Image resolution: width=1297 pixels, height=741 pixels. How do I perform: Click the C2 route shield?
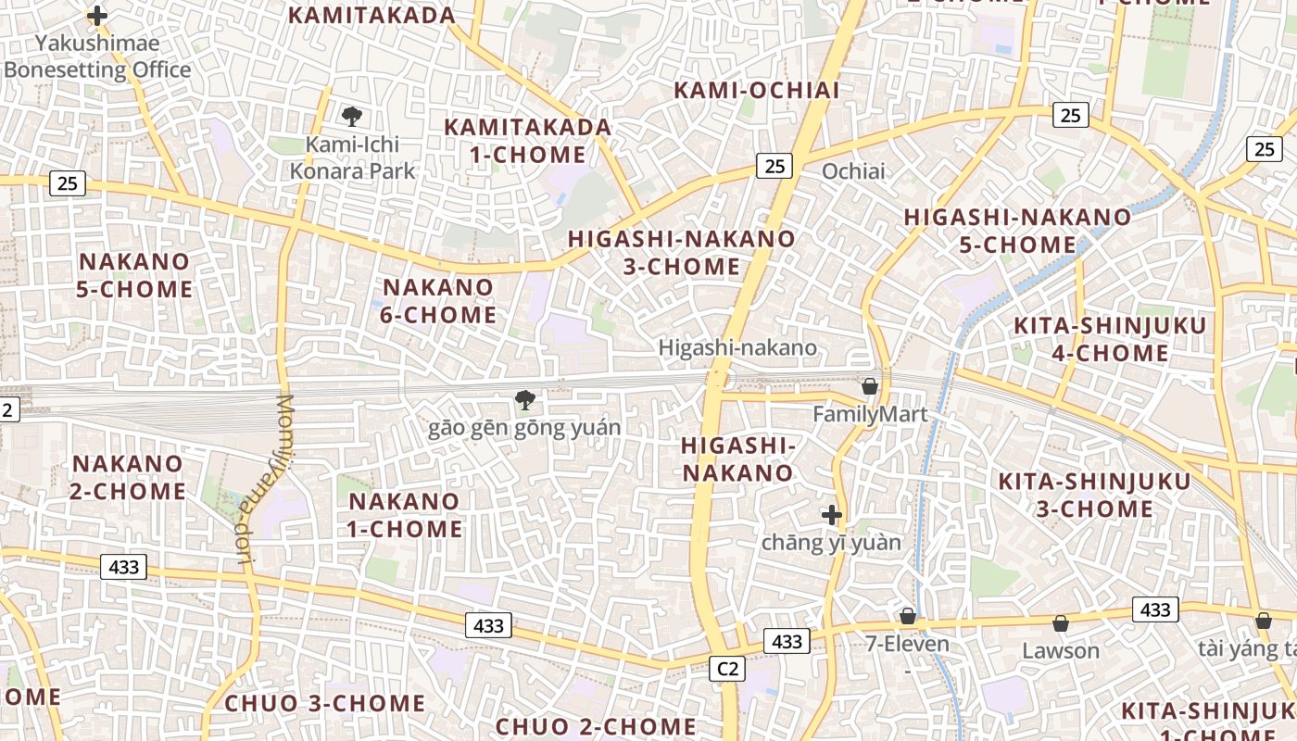(x=727, y=669)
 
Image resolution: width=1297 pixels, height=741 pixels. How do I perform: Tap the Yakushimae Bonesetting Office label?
(x=97, y=57)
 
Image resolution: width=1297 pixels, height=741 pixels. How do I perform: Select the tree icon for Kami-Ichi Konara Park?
(x=351, y=117)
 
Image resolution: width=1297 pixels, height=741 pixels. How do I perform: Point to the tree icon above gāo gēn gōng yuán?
(x=524, y=400)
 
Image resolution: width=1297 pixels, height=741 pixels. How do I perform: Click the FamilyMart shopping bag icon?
(x=870, y=385)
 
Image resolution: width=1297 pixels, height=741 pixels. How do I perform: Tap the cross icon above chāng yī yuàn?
(x=831, y=515)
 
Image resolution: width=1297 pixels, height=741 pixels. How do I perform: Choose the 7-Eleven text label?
(x=907, y=644)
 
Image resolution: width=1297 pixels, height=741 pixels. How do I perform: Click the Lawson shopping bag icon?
(x=1061, y=622)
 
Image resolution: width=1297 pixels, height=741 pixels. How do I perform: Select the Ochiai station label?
(x=853, y=171)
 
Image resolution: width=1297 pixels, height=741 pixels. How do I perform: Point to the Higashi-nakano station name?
(x=737, y=347)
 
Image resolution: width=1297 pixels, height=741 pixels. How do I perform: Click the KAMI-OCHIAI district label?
(x=756, y=90)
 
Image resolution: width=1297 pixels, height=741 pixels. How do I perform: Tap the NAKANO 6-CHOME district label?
(x=438, y=301)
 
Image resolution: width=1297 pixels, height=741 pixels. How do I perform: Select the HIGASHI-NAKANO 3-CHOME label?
(x=681, y=252)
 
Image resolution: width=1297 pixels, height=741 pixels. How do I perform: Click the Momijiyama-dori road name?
(x=264, y=478)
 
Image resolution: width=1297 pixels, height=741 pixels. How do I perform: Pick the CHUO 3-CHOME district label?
(x=325, y=703)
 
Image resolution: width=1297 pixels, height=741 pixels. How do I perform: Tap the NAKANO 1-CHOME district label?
(x=405, y=515)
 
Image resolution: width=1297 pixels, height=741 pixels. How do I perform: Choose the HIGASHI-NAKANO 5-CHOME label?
(x=1017, y=231)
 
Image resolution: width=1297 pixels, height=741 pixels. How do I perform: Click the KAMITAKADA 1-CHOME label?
(x=527, y=140)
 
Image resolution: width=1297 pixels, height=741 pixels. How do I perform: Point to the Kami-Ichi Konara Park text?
(x=352, y=157)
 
